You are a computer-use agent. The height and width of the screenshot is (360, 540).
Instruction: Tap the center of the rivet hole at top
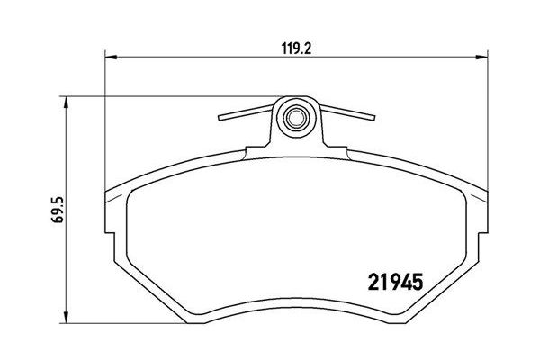[x=293, y=116]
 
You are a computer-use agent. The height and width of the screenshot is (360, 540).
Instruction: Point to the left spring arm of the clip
[x=245, y=113]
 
